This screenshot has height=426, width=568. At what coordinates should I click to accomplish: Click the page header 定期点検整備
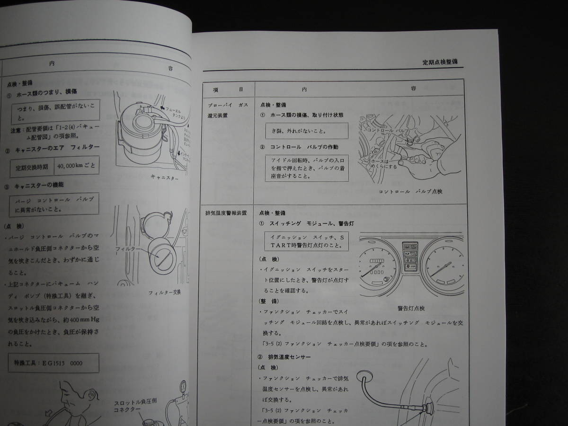(x=440, y=62)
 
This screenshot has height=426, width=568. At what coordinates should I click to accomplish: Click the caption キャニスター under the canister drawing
(x=164, y=177)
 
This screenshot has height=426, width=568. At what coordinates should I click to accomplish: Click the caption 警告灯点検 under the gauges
(x=411, y=308)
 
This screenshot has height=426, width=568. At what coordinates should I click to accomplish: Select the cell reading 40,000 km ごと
(x=77, y=167)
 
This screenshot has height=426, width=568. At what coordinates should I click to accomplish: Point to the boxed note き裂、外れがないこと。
(x=306, y=131)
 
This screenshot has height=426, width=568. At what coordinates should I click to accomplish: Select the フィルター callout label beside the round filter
(x=126, y=248)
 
